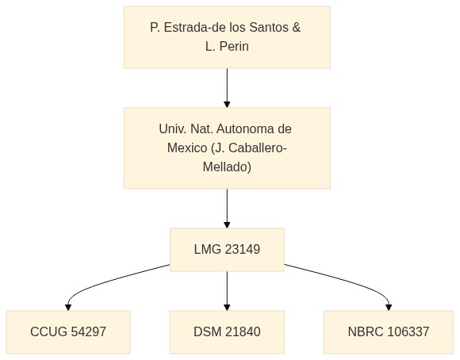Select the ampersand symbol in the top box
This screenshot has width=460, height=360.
click(x=297, y=28)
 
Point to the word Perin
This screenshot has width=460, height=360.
click(x=234, y=46)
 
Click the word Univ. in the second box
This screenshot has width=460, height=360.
click(x=173, y=128)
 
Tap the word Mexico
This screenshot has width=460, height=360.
click(x=187, y=147)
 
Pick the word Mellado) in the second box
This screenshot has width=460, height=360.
click(x=227, y=167)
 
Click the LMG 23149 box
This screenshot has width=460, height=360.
click(x=227, y=250)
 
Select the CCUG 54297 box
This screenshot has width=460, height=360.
click(x=68, y=332)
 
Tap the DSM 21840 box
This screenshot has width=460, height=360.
click(x=227, y=332)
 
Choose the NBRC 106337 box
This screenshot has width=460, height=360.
click(x=389, y=332)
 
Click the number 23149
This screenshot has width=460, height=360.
click(x=243, y=250)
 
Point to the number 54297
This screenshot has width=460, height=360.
click(x=89, y=331)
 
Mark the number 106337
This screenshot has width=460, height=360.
click(x=408, y=331)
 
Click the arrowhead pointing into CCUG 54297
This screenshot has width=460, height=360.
click(x=68, y=308)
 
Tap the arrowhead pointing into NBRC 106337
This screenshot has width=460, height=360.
click(x=389, y=308)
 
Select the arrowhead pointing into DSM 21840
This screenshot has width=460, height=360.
click(x=227, y=308)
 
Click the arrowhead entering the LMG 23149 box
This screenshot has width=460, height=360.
click(x=227, y=225)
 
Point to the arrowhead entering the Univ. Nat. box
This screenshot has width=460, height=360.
click(x=227, y=105)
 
